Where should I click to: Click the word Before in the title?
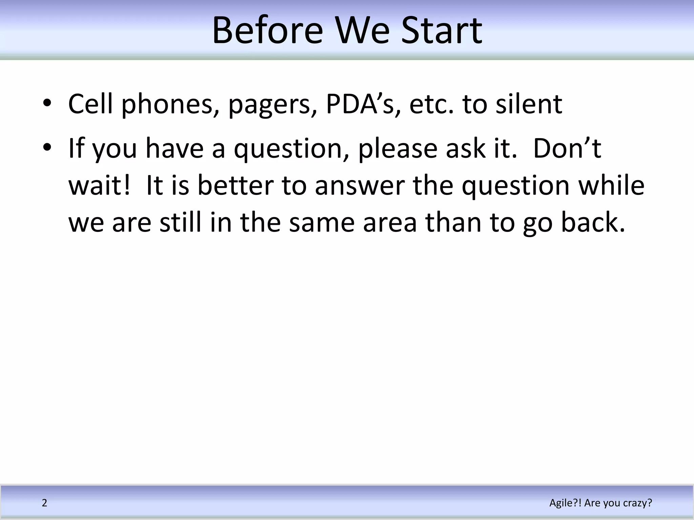pyautogui.click(x=267, y=31)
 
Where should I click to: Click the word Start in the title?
pyautogui.click(x=442, y=31)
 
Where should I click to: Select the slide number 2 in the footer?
pyautogui.click(x=44, y=503)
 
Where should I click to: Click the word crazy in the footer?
pyautogui.click(x=637, y=503)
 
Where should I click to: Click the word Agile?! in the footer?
pyautogui.click(x=565, y=503)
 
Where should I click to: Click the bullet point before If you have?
pyautogui.click(x=47, y=148)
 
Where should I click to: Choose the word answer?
pyautogui.click(x=360, y=186)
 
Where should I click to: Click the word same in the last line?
pyautogui.click(x=322, y=223)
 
